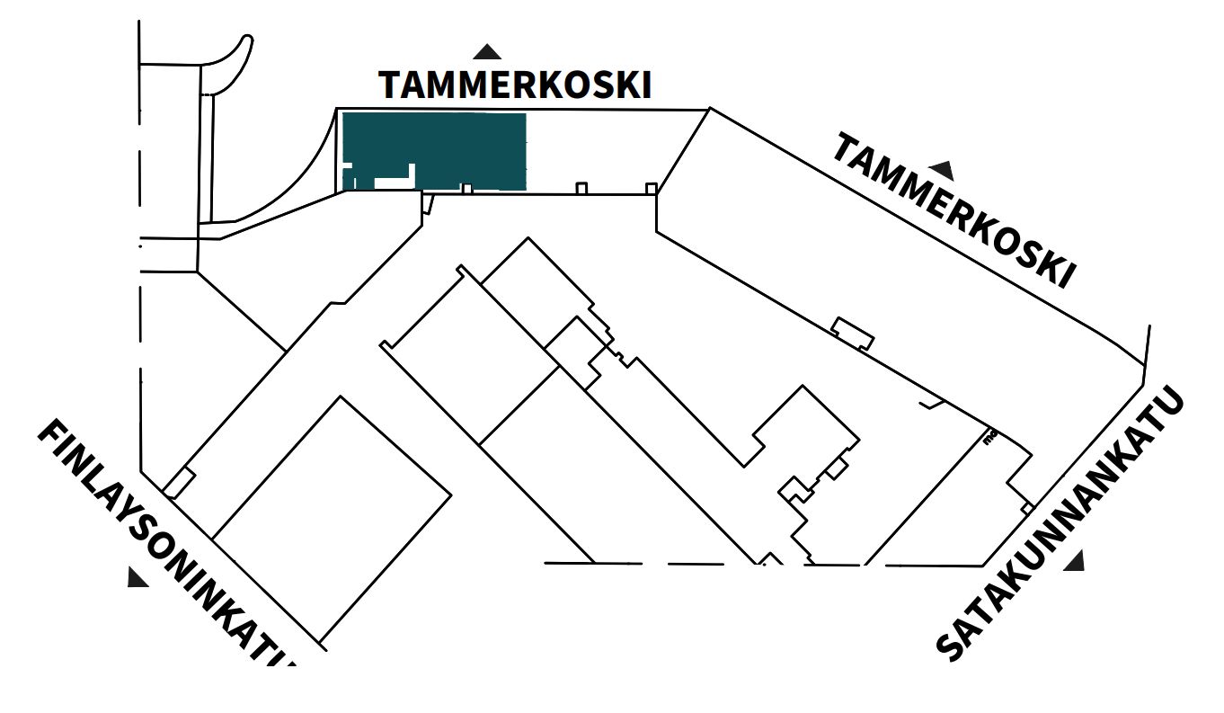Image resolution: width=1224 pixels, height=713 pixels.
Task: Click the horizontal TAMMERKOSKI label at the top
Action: point(514,85)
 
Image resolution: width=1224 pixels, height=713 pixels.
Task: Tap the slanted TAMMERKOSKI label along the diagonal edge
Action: point(953,210)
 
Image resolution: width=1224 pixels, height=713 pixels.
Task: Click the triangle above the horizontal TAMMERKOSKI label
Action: point(487,52)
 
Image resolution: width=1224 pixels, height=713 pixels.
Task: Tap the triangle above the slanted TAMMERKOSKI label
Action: point(942,169)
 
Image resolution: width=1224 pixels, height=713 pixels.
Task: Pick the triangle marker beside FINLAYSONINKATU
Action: point(137,577)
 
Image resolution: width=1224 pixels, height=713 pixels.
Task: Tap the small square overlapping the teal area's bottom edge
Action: point(466,189)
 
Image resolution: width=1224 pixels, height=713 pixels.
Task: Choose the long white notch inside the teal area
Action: point(395,183)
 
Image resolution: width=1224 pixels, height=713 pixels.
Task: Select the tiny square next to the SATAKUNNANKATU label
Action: point(1027,509)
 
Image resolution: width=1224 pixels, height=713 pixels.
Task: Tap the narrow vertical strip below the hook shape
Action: point(206,157)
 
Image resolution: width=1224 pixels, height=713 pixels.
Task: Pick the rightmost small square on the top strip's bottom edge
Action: point(651,188)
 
